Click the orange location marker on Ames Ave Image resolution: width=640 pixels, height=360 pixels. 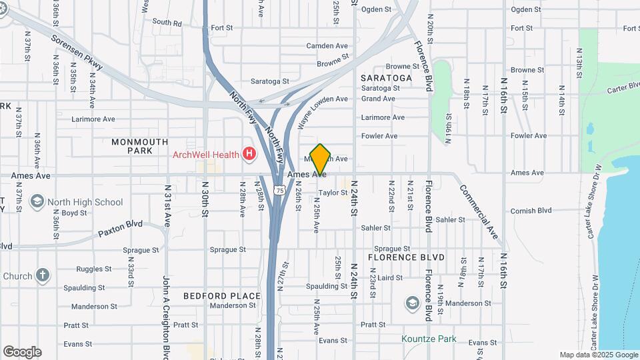point(321,159)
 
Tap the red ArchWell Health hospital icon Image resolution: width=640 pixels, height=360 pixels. point(249,155)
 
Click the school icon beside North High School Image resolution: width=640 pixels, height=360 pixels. point(37,201)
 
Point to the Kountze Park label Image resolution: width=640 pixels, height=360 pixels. point(429,339)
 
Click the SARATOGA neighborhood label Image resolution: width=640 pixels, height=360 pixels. point(386,78)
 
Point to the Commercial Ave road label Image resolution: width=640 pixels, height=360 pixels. point(479,211)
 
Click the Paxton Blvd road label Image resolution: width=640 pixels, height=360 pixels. point(120,228)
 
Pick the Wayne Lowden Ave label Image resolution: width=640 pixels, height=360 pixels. point(323,113)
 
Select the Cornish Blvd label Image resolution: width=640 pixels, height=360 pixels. point(531,211)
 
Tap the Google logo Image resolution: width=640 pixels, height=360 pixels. point(22,351)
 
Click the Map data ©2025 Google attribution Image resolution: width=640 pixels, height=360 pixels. point(598,355)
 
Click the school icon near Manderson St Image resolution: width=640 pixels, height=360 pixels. point(412,303)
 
